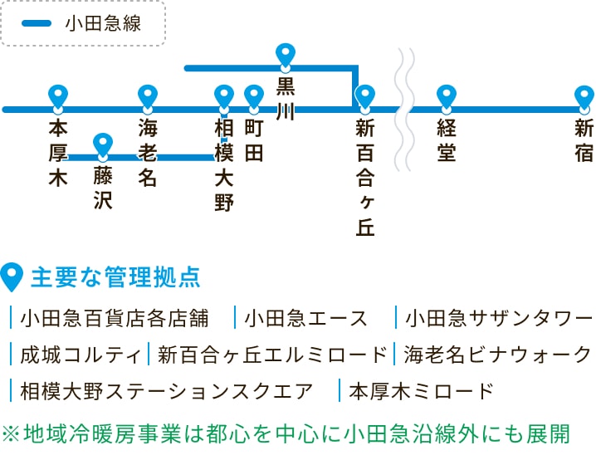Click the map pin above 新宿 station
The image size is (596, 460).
[x=584, y=96]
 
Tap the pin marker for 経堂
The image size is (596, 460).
[x=447, y=96]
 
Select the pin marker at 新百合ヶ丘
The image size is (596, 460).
[x=364, y=96]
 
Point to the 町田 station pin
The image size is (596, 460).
[x=254, y=96]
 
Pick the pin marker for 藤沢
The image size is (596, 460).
[x=103, y=144]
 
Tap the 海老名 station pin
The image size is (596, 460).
[x=148, y=96]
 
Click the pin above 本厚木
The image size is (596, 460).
[x=57, y=96]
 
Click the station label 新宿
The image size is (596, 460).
[x=584, y=140]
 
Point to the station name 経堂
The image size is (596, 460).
[x=447, y=140]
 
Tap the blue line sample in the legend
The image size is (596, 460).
[x=37, y=23]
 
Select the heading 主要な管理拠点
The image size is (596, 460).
[x=115, y=277]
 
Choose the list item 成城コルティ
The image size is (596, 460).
[x=81, y=355]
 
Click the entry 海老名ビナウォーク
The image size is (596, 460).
[x=497, y=355]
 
